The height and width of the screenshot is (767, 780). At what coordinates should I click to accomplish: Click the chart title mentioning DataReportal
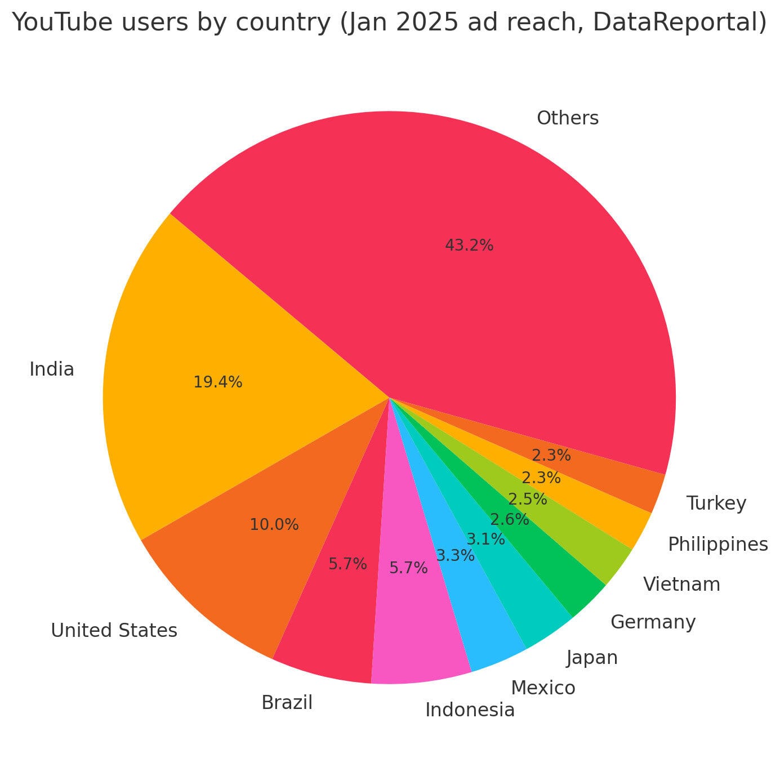tap(389, 23)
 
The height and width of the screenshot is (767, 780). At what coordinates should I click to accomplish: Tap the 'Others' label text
tap(567, 118)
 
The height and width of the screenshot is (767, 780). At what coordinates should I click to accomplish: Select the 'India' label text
tap(52, 369)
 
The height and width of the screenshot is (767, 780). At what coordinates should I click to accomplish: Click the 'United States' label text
tap(114, 630)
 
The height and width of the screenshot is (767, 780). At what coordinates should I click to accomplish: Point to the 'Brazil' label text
tap(287, 703)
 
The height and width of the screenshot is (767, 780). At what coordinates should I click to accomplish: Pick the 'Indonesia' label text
tap(470, 710)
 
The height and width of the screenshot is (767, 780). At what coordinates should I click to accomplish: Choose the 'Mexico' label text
tap(543, 688)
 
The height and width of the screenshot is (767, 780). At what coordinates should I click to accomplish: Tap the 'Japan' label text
tap(592, 657)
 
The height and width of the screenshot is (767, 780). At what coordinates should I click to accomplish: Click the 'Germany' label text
tap(653, 622)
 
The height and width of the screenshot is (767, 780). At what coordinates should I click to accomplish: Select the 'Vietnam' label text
tap(681, 585)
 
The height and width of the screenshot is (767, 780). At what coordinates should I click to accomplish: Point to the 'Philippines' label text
tap(717, 545)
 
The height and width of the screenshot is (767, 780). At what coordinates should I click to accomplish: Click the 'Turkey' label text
tap(716, 503)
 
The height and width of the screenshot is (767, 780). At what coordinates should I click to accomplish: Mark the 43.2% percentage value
tap(469, 246)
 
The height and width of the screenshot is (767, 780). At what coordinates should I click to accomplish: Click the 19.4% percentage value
tap(217, 382)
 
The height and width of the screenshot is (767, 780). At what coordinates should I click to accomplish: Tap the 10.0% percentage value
tap(274, 525)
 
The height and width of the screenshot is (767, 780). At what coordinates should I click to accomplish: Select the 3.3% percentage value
tap(455, 556)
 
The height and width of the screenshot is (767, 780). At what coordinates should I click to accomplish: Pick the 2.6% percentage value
tap(509, 519)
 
